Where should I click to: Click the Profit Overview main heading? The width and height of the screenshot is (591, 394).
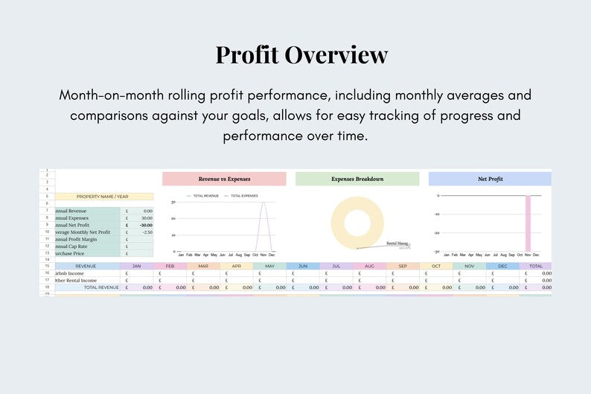click(x=301, y=55)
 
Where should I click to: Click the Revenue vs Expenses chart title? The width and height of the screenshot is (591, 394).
click(x=224, y=179)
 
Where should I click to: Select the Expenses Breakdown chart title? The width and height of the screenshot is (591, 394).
click(x=357, y=179)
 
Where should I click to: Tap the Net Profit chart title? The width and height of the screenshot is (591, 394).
click(x=490, y=179)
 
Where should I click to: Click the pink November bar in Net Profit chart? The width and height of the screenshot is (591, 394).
click(x=528, y=223)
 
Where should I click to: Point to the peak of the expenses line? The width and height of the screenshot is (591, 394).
click(x=263, y=203)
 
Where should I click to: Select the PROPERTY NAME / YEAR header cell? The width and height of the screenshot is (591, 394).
click(x=103, y=197)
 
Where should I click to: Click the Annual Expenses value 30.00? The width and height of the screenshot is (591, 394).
click(x=147, y=218)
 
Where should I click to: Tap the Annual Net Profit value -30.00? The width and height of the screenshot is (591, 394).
click(x=145, y=225)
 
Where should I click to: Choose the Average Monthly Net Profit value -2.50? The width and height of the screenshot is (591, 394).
click(x=147, y=232)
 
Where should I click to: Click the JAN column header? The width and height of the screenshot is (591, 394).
click(x=136, y=266)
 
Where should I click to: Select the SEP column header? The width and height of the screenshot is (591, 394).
click(x=403, y=266)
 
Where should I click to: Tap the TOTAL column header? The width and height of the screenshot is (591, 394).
click(x=536, y=266)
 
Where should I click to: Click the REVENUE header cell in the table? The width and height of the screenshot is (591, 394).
click(x=86, y=266)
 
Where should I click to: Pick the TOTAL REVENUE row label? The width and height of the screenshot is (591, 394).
click(x=100, y=287)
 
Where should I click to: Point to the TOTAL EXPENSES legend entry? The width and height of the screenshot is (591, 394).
click(x=243, y=195)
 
